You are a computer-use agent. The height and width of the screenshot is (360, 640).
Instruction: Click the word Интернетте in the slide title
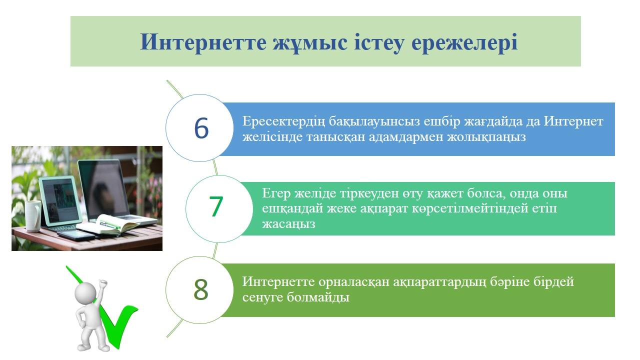pyautogui.click(x=203, y=42)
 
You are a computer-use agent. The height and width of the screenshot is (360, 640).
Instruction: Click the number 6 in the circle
pyautogui.click(x=201, y=128)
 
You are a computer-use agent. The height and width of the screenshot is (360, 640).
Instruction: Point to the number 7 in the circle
pyautogui.click(x=215, y=206)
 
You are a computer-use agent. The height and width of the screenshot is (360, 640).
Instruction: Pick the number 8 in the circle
pyautogui.click(x=201, y=289)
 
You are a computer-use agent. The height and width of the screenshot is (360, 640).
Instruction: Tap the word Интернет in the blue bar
pyautogui.click(x=573, y=121)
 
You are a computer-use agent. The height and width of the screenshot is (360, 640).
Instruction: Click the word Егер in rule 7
pyautogui.click(x=276, y=193)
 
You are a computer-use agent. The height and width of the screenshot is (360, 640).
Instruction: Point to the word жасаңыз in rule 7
pyautogui.click(x=288, y=224)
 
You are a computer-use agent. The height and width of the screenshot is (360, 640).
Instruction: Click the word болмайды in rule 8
pyautogui.click(x=318, y=297)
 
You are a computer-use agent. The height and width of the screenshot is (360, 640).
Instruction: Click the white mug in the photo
pyautogui.click(x=33, y=215)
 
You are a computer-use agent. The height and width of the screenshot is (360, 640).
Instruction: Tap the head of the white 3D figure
pyautogui.click(x=85, y=292)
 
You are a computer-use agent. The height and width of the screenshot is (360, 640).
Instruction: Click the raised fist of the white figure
pyautogui.click(x=102, y=284)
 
